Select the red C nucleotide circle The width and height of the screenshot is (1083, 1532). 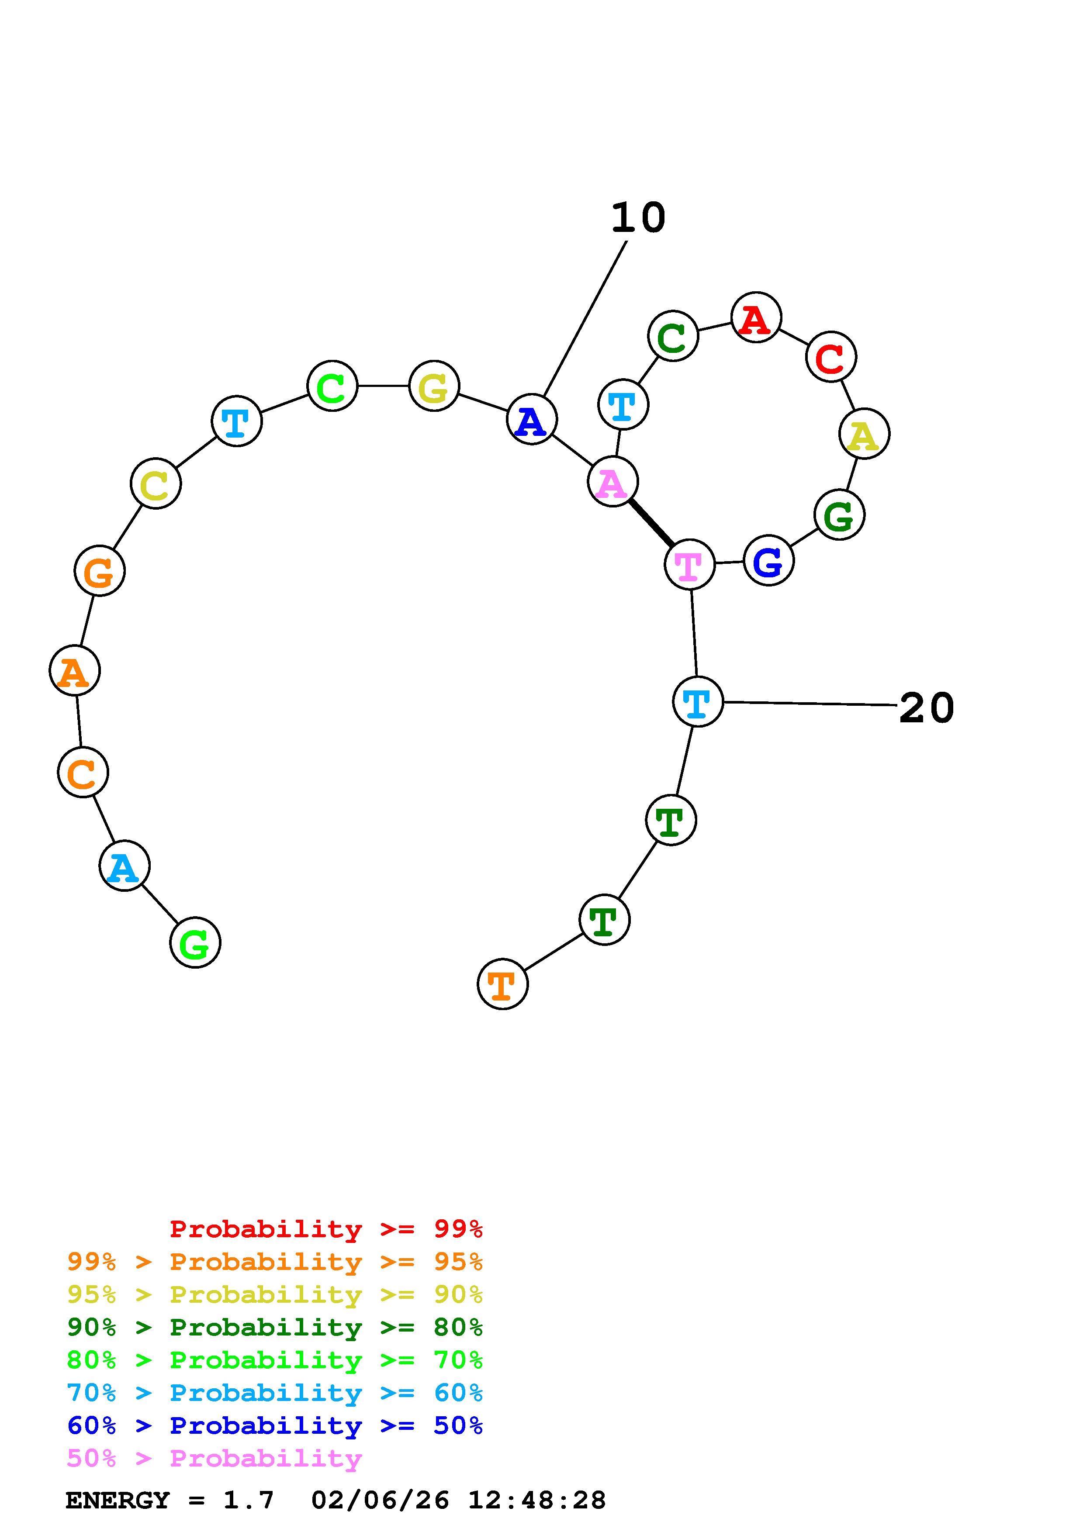831,357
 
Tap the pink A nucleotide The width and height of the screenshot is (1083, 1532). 612,482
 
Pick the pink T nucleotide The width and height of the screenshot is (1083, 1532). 689,565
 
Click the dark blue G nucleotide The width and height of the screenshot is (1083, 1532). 769,560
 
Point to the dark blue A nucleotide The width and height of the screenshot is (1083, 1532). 531,420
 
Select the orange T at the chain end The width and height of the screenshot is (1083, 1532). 502,984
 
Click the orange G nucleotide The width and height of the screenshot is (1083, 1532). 100,571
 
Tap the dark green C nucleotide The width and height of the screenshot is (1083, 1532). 673,336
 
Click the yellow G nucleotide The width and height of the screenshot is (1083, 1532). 434,386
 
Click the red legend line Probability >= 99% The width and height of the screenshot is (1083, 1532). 326,1229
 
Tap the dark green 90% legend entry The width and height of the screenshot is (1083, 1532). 275,1327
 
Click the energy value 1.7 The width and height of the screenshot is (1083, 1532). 248,1501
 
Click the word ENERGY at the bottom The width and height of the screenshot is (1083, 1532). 118,1501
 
